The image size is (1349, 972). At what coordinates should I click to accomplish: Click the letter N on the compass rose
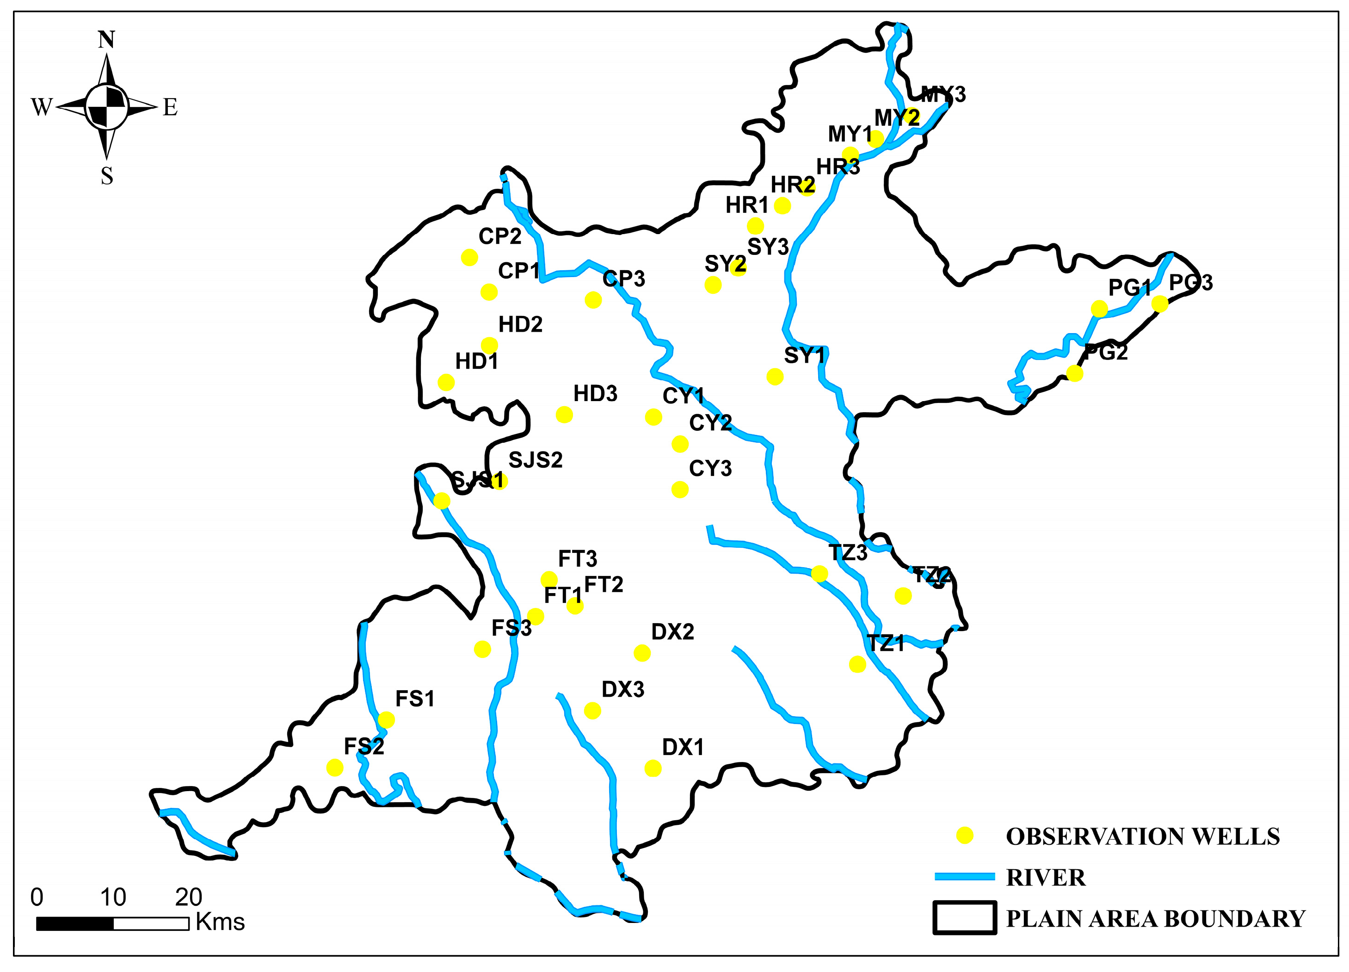click(106, 40)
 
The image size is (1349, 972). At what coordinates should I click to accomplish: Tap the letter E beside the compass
click(170, 108)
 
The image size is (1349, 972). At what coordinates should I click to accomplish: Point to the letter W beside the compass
click(42, 108)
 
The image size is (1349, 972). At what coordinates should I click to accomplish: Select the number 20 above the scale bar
click(189, 897)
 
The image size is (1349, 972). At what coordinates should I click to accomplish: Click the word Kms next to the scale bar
click(220, 922)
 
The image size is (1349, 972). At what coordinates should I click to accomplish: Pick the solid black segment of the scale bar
click(75, 923)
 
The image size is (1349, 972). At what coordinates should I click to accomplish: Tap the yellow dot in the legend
click(964, 835)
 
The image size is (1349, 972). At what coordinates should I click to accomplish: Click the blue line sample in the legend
click(964, 876)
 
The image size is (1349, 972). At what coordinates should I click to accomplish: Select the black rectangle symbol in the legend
click(964, 918)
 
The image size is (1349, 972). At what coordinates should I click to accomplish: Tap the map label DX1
click(683, 747)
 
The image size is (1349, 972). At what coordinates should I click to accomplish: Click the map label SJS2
click(536, 460)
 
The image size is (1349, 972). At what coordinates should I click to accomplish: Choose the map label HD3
click(595, 393)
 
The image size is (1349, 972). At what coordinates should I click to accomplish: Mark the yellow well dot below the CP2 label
click(469, 258)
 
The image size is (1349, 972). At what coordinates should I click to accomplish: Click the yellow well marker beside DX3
click(592, 710)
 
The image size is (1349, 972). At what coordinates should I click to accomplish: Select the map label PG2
click(1106, 352)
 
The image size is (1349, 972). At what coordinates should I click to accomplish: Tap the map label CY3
click(710, 468)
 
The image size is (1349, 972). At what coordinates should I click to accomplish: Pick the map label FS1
click(415, 699)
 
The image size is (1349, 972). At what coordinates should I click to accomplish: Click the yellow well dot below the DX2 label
click(642, 653)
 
